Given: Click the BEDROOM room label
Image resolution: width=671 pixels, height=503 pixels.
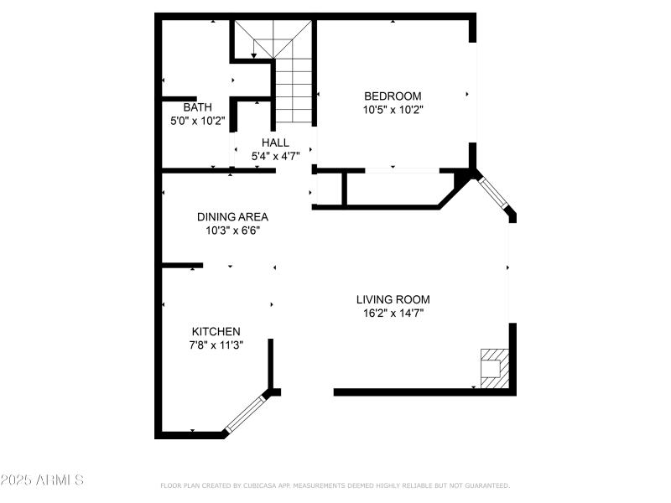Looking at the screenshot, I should coord(392,96).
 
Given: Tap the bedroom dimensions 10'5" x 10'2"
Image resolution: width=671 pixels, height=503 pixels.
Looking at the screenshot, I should coord(392,109).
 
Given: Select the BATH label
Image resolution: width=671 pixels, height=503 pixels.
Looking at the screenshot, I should coord(198,107).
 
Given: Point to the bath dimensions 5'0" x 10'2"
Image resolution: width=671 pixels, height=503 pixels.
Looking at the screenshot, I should coord(198,121).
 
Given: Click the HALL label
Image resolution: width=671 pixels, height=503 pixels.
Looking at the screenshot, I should coord(275,143).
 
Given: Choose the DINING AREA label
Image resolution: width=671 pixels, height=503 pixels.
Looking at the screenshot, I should coord(232,216).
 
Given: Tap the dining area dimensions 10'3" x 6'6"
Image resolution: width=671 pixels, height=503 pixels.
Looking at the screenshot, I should coord(232,230).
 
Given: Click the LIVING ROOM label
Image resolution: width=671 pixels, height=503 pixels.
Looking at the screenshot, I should coord(393,299).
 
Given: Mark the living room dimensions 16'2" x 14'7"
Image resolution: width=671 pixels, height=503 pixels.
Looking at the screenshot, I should coord(393,313).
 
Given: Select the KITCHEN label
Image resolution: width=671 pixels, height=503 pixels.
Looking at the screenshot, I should coord(216,331).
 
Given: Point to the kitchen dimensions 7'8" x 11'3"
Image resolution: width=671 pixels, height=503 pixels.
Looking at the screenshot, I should coord(216,345).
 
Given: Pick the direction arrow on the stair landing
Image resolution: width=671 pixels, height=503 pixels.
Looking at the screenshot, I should coord(254,54).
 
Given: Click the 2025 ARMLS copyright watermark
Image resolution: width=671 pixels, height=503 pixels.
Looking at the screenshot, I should coord(42,480).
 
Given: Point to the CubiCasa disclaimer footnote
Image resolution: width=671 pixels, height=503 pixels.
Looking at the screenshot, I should coord(335,485).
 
